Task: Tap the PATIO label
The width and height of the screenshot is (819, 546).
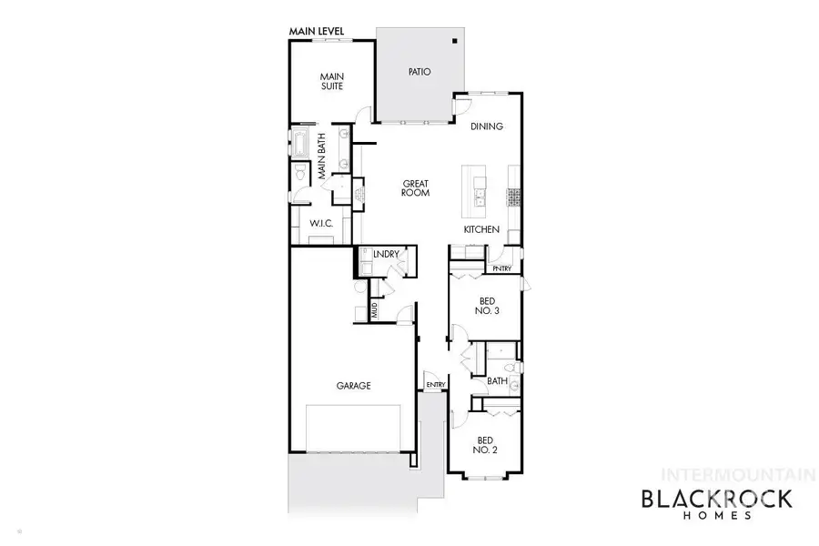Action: [419, 72]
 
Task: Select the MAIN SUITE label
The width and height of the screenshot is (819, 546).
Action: [330, 83]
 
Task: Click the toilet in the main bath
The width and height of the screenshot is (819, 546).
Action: [298, 177]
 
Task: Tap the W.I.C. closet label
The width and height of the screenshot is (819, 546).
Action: [318, 223]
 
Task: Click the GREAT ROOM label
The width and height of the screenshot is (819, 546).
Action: [415, 188]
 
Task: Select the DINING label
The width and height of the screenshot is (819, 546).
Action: [487, 126]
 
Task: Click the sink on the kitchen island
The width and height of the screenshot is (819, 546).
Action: [479, 190]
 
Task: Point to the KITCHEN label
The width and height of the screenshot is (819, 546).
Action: [481, 230]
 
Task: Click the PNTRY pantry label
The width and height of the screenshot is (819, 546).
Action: [501, 269]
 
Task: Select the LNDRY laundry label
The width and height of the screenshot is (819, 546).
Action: [386, 254]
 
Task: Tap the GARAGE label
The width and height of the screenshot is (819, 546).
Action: [354, 386]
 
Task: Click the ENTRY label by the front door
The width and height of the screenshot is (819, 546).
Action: [436, 385]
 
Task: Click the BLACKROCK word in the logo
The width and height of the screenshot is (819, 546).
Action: [717, 499]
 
